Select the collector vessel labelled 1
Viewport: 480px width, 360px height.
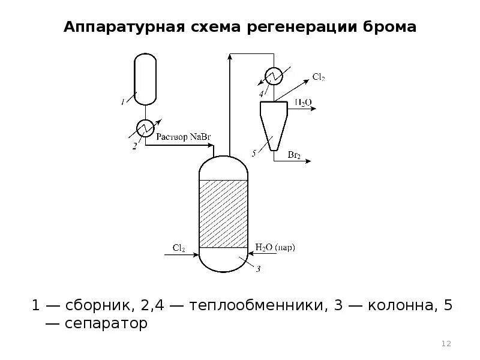pos(144,78)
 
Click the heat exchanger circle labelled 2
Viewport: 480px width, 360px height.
pos(145,127)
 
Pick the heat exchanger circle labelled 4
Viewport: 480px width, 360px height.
pos(274,76)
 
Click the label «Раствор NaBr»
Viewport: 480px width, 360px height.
pos(184,137)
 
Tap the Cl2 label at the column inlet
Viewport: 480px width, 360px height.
pos(179,247)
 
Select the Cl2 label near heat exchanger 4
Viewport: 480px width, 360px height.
pos(319,77)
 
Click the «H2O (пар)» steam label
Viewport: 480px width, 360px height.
pos(275,247)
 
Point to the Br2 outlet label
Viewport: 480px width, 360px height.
pos(294,155)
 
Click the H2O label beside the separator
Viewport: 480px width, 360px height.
pos(302,103)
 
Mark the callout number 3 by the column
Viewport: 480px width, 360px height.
pos(258,269)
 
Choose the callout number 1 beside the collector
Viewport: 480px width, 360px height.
pos(122,102)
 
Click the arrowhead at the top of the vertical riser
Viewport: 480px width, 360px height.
pos(230,57)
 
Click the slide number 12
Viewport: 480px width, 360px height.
pos(446,344)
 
